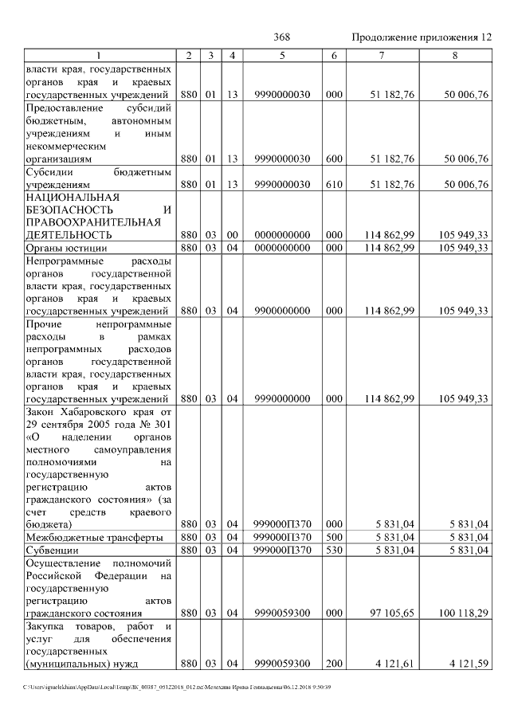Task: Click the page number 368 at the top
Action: (x=281, y=37)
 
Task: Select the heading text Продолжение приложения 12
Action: (x=422, y=37)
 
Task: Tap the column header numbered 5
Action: (x=283, y=55)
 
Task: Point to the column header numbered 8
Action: (x=455, y=55)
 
